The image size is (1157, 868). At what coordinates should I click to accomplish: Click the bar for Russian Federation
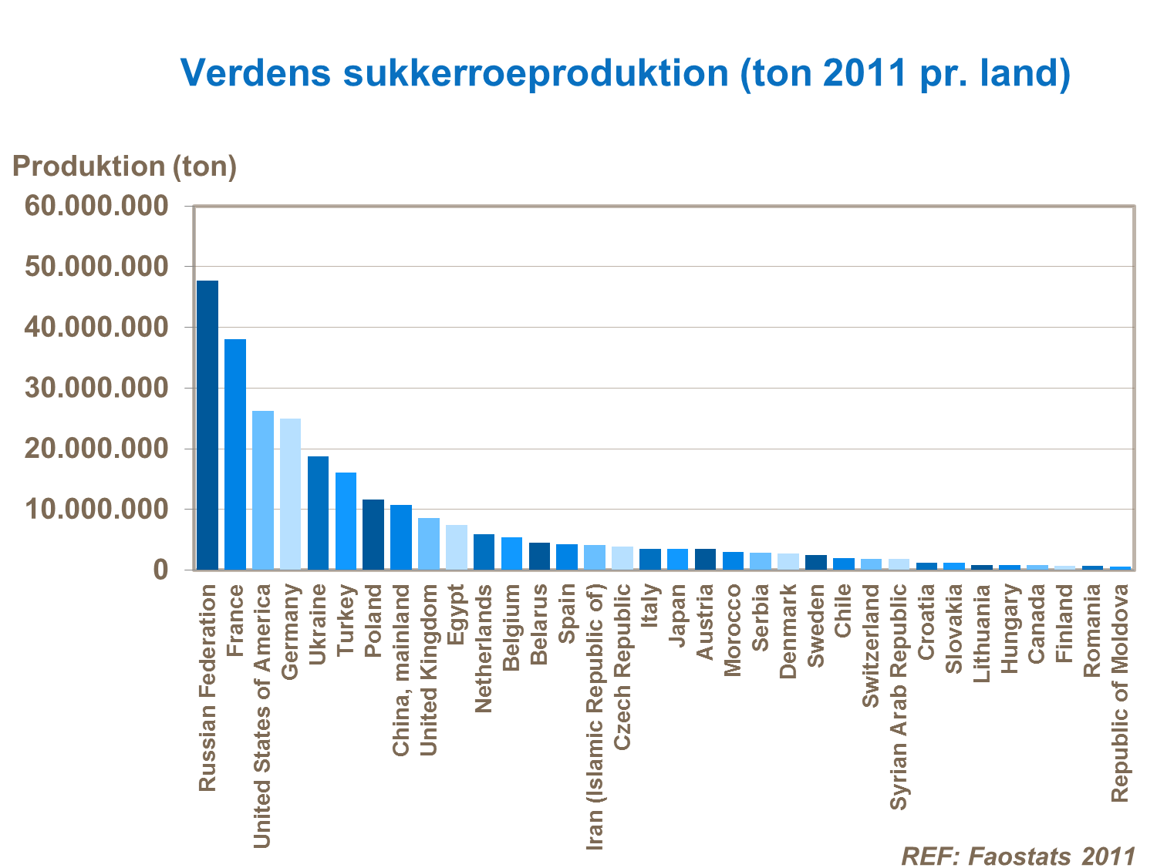[207, 425]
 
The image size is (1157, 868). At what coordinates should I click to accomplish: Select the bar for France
[235, 454]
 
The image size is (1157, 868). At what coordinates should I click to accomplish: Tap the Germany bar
[290, 494]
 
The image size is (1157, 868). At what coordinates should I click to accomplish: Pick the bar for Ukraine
[318, 513]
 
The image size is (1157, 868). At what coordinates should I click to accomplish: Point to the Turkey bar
[346, 521]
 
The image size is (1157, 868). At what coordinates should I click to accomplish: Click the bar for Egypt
[457, 547]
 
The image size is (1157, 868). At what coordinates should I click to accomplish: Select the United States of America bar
[263, 490]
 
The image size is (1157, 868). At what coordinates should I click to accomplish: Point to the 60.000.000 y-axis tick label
[96, 206]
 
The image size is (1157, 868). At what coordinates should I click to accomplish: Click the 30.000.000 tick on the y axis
[96, 388]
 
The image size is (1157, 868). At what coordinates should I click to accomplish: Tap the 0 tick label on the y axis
[160, 570]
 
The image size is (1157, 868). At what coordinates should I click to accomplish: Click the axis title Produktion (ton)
[124, 167]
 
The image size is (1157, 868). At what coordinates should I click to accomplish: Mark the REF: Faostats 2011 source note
[1018, 856]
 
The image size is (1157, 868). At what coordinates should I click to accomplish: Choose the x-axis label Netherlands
[484, 648]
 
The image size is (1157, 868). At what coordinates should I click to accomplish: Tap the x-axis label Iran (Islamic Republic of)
[594, 716]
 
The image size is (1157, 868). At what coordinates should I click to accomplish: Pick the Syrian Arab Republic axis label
[899, 696]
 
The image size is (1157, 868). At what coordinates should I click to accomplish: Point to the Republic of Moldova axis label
[1119, 692]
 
